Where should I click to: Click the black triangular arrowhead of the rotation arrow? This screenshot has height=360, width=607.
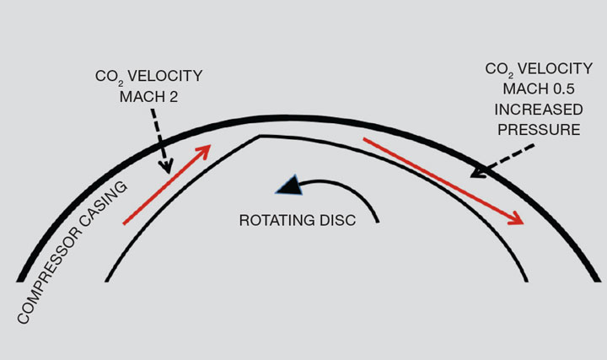[x=289, y=186]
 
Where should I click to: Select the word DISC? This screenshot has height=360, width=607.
[x=335, y=222]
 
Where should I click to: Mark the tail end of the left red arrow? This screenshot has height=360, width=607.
[x=125, y=223]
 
